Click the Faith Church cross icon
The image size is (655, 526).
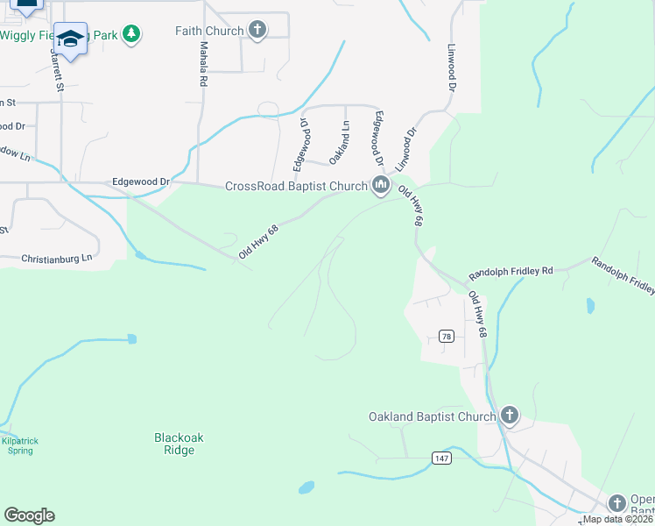[x=257, y=31]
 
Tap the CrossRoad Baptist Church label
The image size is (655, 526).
[x=295, y=186]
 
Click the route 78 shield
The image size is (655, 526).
[x=446, y=337]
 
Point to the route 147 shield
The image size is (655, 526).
[x=441, y=458]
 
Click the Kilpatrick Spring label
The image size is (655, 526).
[x=17, y=446]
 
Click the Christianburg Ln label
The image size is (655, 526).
[x=56, y=259]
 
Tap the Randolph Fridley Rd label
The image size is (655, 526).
[x=511, y=272]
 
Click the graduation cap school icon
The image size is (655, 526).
[x=70, y=38]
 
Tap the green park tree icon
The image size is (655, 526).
[x=131, y=34]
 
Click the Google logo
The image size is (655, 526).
[x=29, y=515]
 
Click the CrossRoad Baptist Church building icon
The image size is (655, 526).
[x=381, y=185]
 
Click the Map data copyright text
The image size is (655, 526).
[x=617, y=519]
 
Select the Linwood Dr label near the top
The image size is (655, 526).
[x=452, y=69]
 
